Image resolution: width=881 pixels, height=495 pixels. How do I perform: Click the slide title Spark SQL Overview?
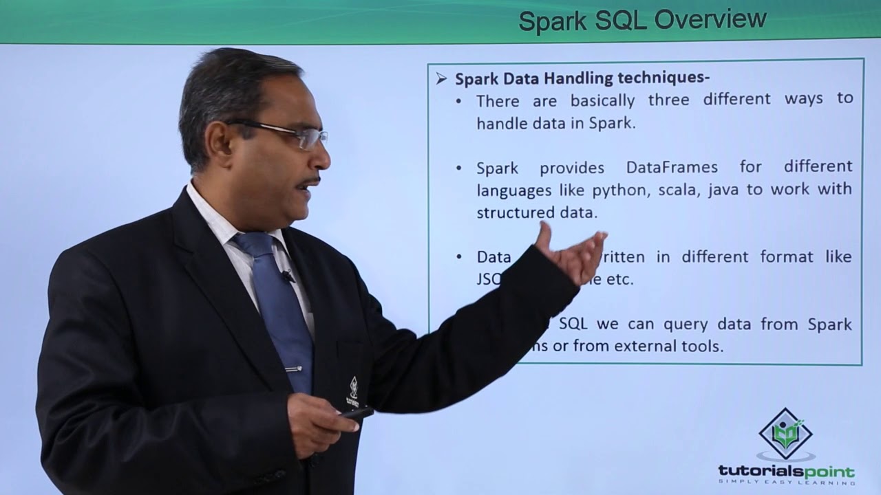click(x=642, y=20)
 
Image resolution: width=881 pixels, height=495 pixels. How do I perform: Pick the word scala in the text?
click(x=677, y=189)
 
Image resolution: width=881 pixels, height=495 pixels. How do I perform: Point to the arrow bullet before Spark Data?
click(x=441, y=79)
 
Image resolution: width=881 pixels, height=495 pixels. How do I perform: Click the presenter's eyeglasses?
click(x=289, y=133)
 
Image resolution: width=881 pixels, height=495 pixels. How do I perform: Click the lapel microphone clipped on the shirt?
click(x=287, y=276)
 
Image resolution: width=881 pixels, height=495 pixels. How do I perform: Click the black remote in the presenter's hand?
click(x=357, y=413)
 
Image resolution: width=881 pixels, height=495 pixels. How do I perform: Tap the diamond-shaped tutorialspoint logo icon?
click(x=785, y=433)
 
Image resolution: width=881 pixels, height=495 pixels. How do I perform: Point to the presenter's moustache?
click(x=308, y=182)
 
